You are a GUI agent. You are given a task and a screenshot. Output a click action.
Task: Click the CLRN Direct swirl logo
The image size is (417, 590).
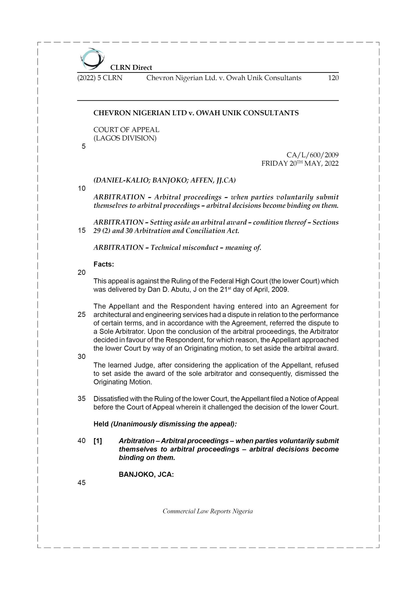(92, 59)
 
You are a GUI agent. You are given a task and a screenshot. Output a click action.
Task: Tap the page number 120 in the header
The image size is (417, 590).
(333, 78)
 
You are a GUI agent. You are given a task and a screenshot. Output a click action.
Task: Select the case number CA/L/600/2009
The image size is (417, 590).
(312, 155)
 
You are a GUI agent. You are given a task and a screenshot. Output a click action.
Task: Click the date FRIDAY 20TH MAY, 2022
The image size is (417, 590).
(300, 163)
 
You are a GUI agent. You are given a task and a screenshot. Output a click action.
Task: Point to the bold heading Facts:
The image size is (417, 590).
(103, 264)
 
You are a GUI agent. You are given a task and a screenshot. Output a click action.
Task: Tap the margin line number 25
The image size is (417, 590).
(82, 315)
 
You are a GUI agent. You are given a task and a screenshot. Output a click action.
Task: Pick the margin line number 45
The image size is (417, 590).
(82, 483)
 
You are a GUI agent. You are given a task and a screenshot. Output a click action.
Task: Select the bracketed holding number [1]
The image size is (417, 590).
(98, 441)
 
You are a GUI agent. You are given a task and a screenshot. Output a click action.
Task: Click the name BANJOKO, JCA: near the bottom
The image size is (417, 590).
(146, 474)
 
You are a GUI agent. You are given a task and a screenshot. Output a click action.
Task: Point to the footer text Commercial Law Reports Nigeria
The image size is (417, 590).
(208, 511)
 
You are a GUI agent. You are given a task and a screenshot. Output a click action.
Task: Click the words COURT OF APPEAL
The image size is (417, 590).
(126, 130)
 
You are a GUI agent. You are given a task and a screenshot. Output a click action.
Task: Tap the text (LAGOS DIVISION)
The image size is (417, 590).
(125, 138)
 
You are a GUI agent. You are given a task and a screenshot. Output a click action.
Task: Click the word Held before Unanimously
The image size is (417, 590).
(101, 424)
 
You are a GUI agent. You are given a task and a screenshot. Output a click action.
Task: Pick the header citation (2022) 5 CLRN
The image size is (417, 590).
(100, 78)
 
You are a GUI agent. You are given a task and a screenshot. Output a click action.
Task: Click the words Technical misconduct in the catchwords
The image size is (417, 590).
(184, 248)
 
